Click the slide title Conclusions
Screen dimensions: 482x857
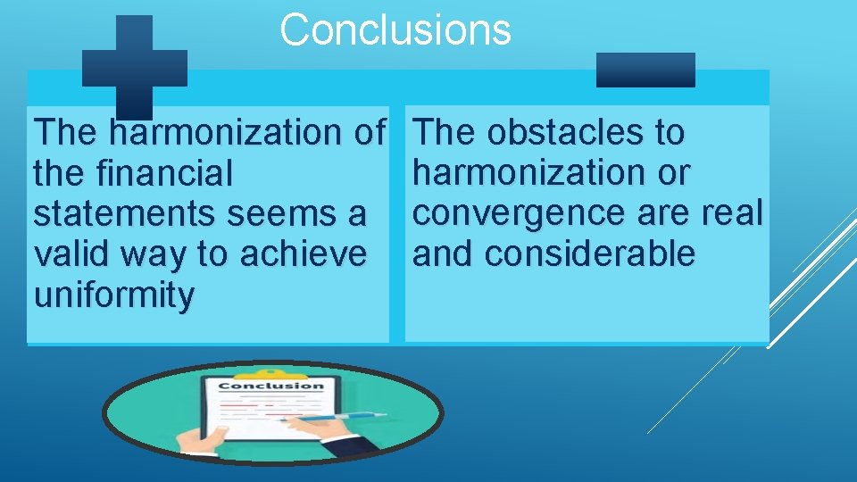pyautogui.click(x=395, y=29)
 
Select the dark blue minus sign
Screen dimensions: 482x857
pyautogui.click(x=645, y=70)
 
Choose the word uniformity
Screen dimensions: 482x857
pyautogui.click(x=112, y=295)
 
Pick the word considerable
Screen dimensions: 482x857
pyautogui.click(x=590, y=254)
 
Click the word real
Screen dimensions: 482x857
pyautogui.click(x=734, y=213)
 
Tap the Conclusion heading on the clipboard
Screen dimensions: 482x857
pyautogui.click(x=270, y=386)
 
